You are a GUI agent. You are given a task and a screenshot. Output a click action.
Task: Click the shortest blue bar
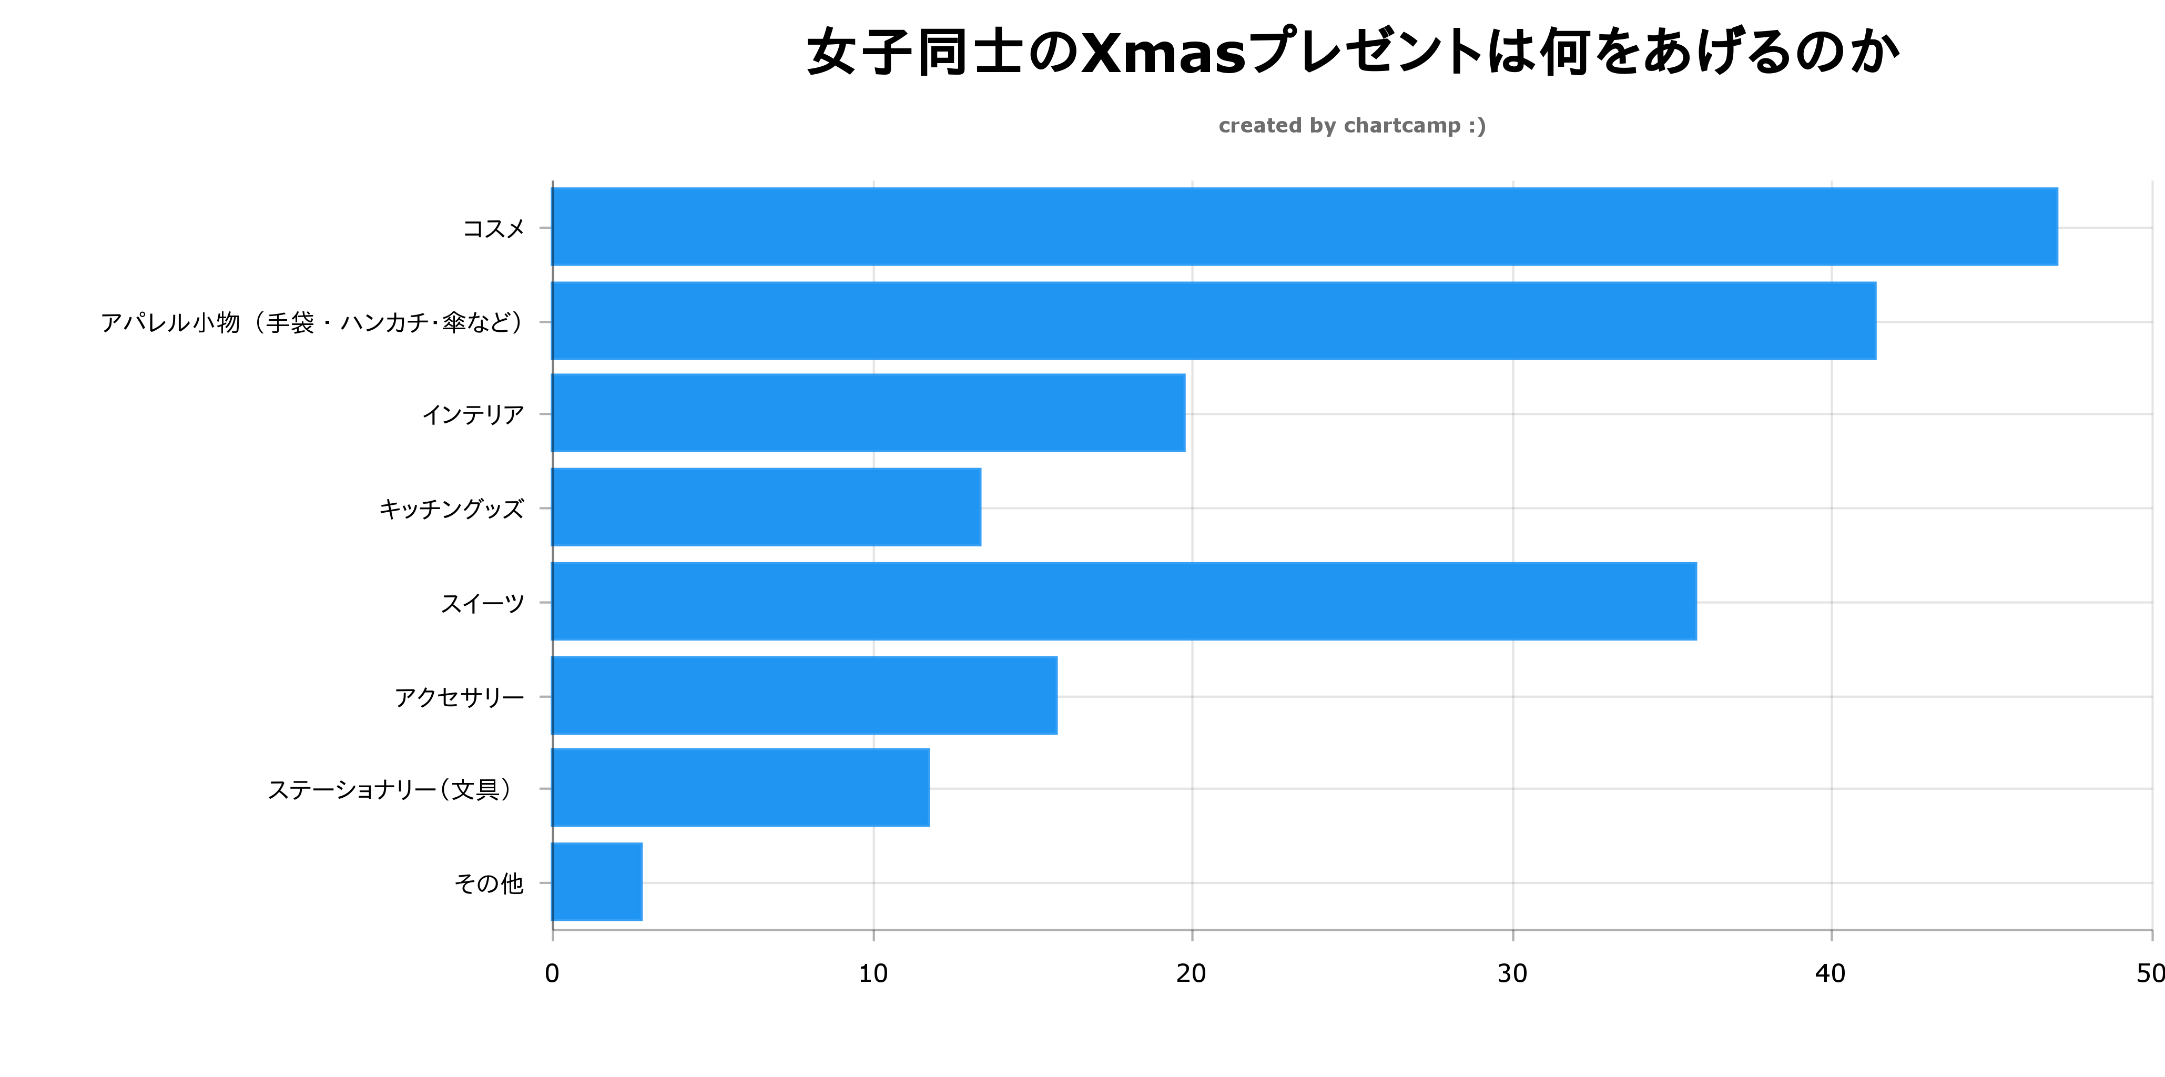pyautogui.click(x=597, y=882)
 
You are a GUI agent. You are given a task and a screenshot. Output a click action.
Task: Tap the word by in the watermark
pyautogui.click(x=1323, y=126)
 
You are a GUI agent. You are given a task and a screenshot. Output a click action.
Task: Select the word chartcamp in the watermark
pyautogui.click(x=1402, y=126)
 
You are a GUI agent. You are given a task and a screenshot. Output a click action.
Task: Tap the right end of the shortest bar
pyautogui.click(x=641, y=882)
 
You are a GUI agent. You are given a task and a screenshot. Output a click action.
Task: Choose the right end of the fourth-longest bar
pyautogui.click(x=1183, y=413)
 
